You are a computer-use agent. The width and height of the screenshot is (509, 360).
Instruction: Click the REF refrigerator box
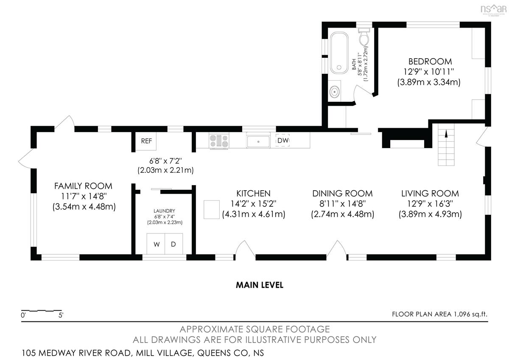pos(146,141)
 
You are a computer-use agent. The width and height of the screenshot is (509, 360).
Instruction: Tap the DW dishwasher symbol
pos(282,141)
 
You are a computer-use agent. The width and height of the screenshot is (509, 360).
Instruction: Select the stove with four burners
pos(219,141)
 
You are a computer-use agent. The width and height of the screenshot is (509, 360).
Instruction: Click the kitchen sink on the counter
pos(258,141)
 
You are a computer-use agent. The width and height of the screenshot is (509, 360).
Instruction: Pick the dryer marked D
pos(173,244)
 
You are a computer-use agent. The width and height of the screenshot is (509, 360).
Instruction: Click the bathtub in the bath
pos(339,53)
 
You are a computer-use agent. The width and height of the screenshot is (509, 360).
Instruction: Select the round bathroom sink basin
pos(335,92)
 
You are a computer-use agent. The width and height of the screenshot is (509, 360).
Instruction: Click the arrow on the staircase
pos(446,134)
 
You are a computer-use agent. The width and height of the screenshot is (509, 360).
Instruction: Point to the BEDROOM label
pos(430,62)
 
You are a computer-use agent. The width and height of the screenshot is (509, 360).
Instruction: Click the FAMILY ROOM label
pos(83,186)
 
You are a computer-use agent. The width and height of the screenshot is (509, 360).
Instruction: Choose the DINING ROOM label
pos(342,194)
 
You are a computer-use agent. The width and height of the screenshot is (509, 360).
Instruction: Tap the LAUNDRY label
pos(164,211)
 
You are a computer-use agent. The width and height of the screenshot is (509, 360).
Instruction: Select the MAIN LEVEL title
pos(260,285)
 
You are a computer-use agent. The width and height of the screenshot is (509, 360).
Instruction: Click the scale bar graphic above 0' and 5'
pos(42,310)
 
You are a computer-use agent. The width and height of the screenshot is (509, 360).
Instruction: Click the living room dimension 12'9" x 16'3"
pos(430,204)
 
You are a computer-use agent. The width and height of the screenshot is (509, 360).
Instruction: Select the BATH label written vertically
pos(354,65)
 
